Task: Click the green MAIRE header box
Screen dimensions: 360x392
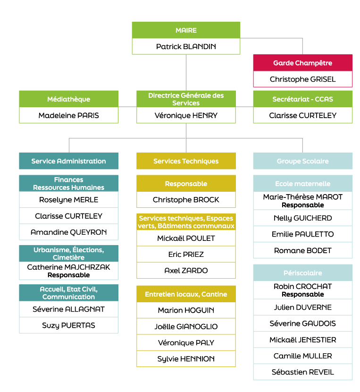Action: click(x=186, y=30)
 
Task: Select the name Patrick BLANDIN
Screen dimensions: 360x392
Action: click(x=186, y=46)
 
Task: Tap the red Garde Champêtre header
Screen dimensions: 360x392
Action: click(x=303, y=63)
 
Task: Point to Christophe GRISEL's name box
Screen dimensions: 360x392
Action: click(x=303, y=79)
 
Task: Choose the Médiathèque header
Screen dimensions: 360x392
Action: click(x=69, y=99)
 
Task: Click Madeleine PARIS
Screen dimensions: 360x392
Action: click(x=69, y=115)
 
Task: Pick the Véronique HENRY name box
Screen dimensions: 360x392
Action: click(x=186, y=115)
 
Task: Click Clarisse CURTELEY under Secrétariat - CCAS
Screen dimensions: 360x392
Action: click(x=303, y=115)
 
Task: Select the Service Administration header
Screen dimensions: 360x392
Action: click(x=69, y=161)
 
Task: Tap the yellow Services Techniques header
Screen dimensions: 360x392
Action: click(x=186, y=161)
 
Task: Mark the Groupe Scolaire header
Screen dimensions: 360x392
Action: click(x=303, y=161)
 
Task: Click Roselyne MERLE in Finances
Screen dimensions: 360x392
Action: click(x=69, y=200)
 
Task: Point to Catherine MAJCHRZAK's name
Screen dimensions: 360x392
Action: click(x=69, y=267)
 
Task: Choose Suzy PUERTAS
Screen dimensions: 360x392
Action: click(x=69, y=325)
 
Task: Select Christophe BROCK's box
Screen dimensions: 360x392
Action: click(x=186, y=200)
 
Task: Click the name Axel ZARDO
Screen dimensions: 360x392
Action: click(x=186, y=271)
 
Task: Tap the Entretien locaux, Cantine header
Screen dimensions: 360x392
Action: click(x=186, y=294)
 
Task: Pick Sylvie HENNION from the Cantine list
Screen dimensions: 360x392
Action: click(x=186, y=359)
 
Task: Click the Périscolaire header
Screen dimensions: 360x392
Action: click(x=303, y=273)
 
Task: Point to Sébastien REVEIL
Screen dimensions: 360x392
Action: click(x=303, y=372)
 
